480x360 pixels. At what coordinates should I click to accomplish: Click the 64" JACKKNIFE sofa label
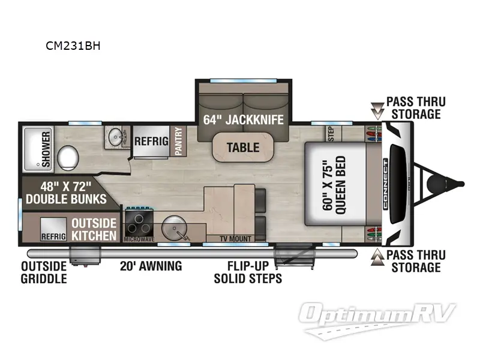(243, 118)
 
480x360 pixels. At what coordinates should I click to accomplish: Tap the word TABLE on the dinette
(242, 147)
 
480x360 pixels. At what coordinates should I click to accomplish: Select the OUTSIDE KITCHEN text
(94, 229)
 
